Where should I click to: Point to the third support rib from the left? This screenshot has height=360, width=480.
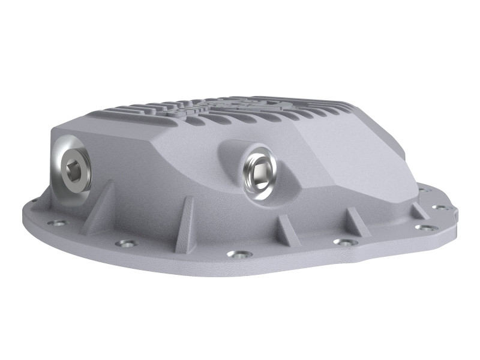[283, 225]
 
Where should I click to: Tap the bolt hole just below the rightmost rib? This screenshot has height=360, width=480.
[425, 227]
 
